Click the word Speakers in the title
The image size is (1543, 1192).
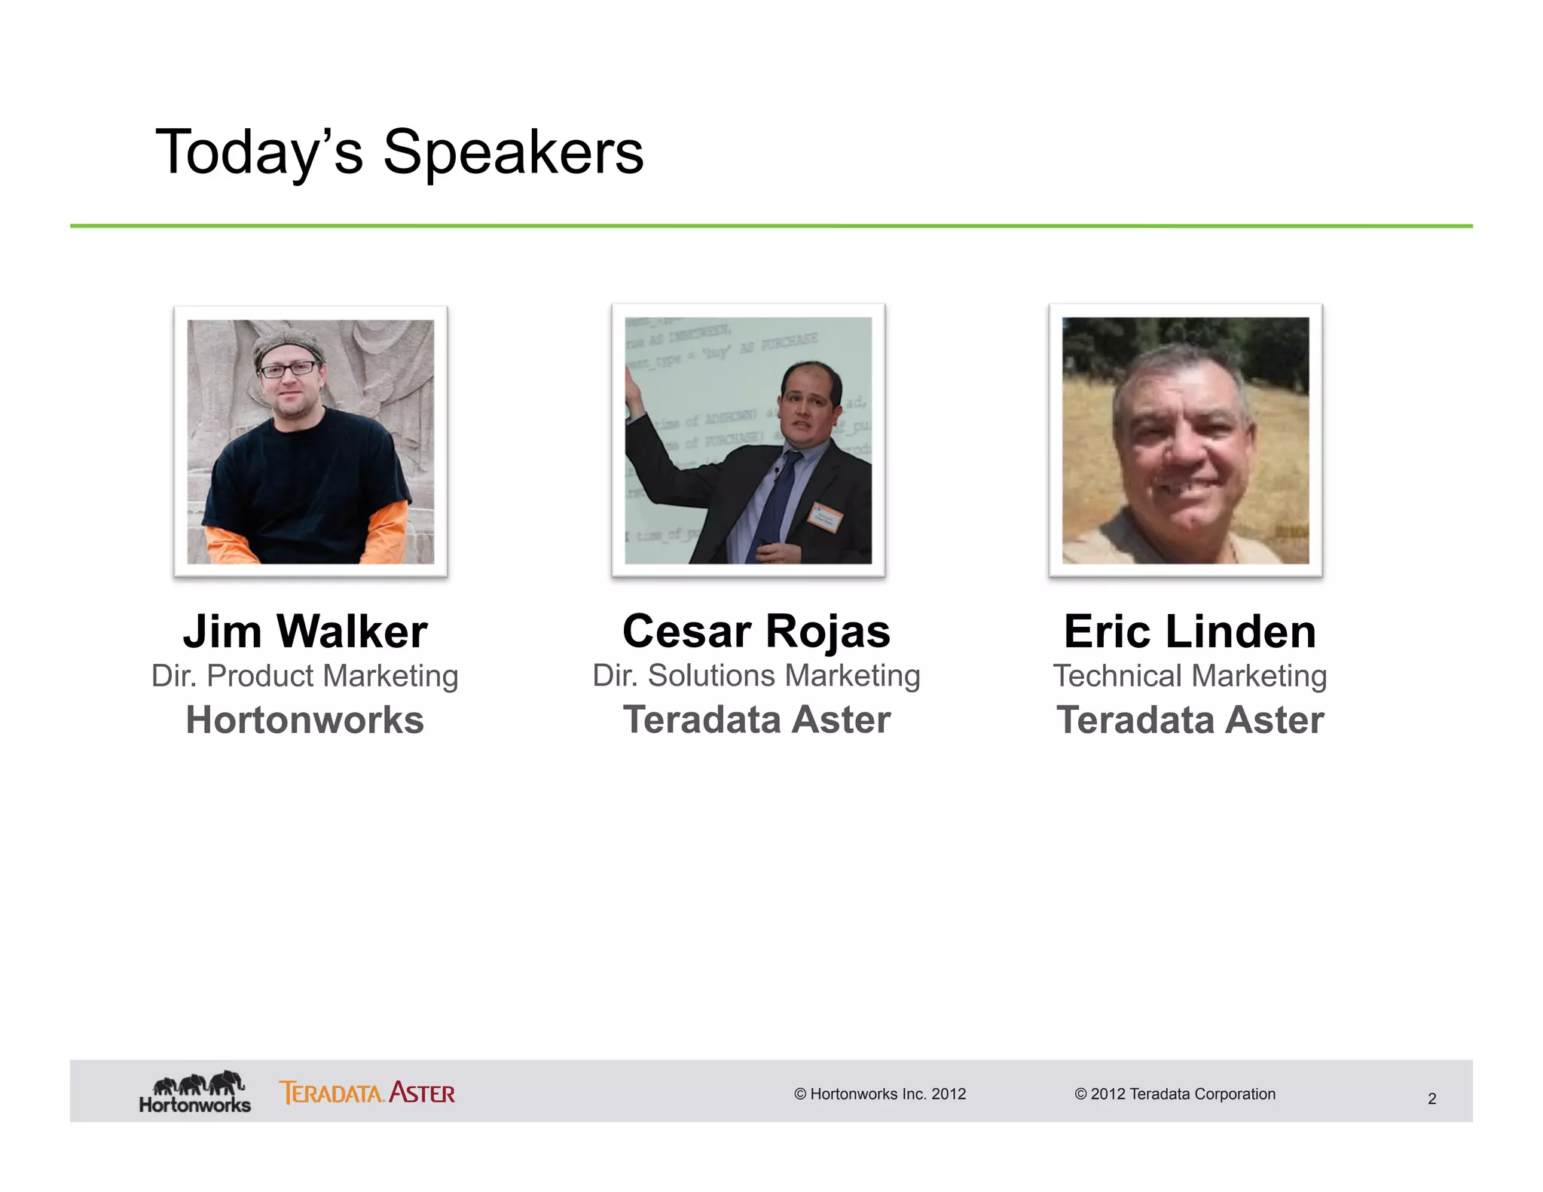point(513,153)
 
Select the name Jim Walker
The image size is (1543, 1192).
point(305,631)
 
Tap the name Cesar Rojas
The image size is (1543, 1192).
point(756,631)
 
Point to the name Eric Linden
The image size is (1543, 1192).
point(1190,631)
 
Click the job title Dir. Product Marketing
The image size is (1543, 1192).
point(305,676)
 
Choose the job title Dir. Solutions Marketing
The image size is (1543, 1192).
point(756,676)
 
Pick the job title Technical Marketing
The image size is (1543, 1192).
point(1190,676)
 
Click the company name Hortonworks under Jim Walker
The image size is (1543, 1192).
point(305,720)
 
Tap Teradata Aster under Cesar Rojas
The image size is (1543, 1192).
point(756,720)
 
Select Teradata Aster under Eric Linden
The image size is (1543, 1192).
point(1190,720)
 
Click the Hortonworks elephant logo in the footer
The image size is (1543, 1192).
point(196,1091)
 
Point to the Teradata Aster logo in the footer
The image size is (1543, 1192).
point(367,1093)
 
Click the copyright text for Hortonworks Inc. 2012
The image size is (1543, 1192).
point(880,1094)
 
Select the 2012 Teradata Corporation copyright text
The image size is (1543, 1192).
point(1175,1094)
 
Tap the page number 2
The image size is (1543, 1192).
point(1431,1099)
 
